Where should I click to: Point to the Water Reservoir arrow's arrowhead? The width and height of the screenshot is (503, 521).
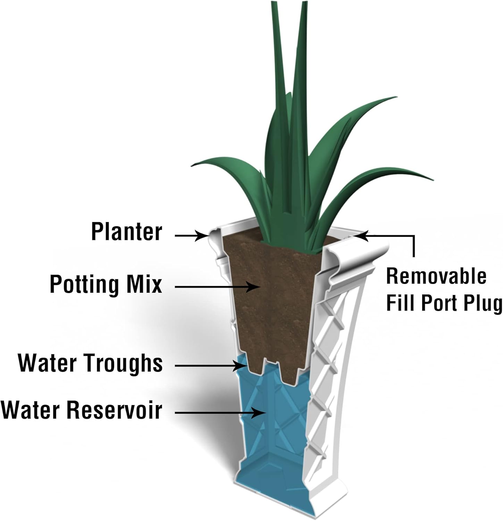click(261, 413)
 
